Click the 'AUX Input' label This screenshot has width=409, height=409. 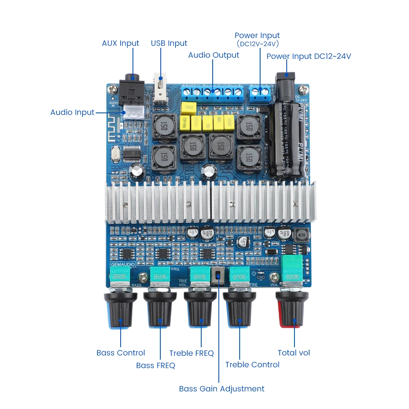[x=120, y=43]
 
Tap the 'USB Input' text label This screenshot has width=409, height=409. [x=169, y=43]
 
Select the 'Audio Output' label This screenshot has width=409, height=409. [x=213, y=55]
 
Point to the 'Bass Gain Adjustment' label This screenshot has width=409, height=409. [x=222, y=389]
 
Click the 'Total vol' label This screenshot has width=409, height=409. [x=294, y=353]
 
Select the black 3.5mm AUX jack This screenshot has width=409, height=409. [x=132, y=88]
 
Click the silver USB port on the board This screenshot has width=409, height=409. [x=161, y=88]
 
